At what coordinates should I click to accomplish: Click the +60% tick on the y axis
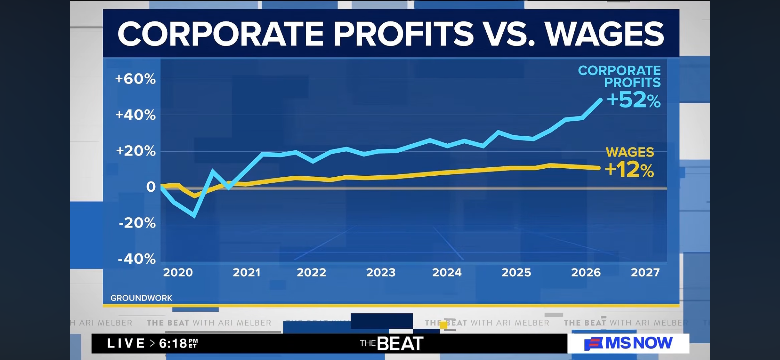pos(135,79)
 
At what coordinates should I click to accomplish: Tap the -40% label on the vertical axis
pos(137,259)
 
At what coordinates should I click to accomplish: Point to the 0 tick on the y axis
pos(151,187)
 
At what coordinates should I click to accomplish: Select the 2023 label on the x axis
pos(381,272)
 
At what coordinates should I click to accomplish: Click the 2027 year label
pos(645,272)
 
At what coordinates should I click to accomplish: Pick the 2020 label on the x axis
pos(178,272)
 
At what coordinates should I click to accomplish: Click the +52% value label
pos(634,100)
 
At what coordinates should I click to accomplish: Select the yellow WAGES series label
pos(630,152)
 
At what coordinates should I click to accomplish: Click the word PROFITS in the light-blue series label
pos(632,83)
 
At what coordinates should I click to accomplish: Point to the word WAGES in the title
pos(605,34)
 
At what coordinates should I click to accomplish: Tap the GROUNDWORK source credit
pos(141,298)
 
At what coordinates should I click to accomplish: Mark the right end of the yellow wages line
pos(598,168)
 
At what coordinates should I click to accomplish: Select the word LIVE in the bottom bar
pos(126,343)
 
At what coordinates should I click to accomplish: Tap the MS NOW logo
pos(628,343)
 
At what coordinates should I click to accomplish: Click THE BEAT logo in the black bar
pos(392,343)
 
